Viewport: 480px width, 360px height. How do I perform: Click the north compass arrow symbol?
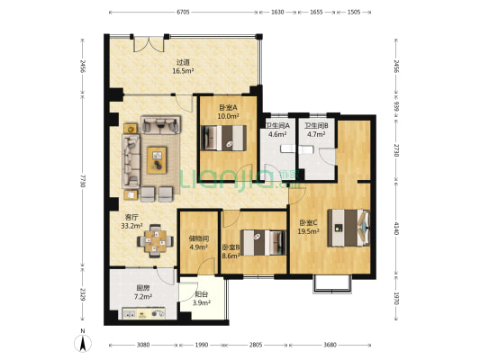click(x=82, y=343)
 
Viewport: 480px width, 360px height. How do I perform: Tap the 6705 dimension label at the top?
click(x=183, y=13)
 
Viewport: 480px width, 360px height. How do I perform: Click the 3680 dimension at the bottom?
click(x=330, y=345)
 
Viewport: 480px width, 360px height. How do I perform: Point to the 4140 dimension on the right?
click(x=396, y=229)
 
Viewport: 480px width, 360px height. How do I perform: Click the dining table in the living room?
click(x=155, y=241)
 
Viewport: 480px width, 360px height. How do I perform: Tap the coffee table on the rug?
click(x=157, y=160)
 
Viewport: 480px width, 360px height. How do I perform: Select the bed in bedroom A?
click(x=223, y=138)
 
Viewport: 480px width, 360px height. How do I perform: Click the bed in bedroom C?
click(x=349, y=228)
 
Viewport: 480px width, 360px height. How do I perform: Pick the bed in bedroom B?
click(x=263, y=242)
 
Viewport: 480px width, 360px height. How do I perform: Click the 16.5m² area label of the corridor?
click(x=183, y=71)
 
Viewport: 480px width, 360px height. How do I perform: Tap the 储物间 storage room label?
click(x=199, y=238)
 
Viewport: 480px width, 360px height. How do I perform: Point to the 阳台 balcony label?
click(x=202, y=294)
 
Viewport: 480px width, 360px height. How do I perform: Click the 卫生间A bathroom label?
click(x=277, y=125)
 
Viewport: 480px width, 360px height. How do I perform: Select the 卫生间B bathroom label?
click(x=316, y=125)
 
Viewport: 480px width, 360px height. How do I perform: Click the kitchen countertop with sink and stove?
click(x=144, y=313)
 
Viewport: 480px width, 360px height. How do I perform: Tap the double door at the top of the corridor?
click(x=149, y=44)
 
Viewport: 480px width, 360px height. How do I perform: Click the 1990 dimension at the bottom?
click(x=202, y=345)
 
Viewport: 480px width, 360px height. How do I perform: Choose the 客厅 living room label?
click(x=131, y=218)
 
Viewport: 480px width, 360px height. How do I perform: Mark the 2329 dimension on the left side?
click(x=82, y=293)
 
